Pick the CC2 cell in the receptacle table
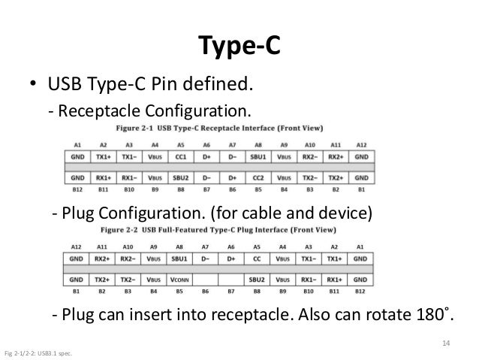coord(258,178)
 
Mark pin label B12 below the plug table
coord(360,291)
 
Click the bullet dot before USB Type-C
coord(35,82)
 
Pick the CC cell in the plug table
coord(257,260)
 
